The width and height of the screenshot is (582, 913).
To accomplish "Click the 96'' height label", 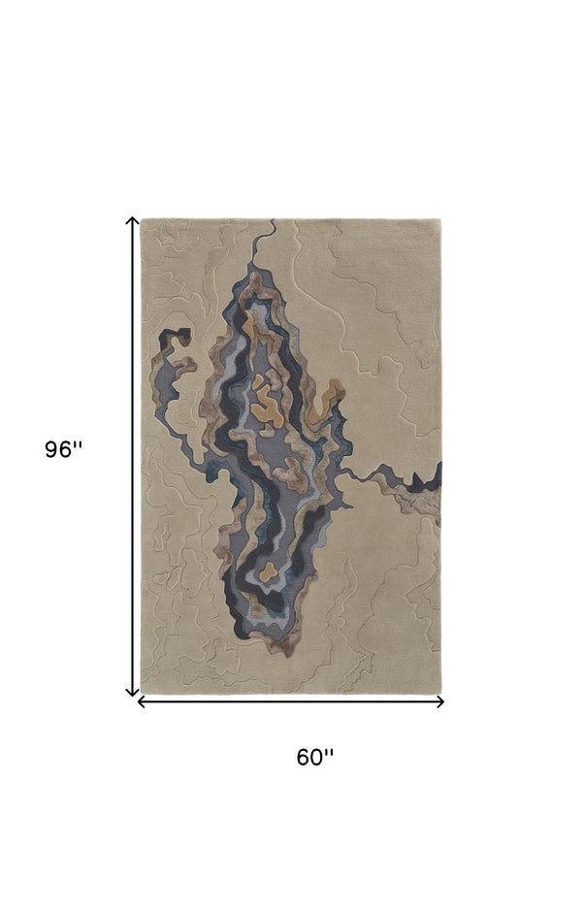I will click(x=64, y=450).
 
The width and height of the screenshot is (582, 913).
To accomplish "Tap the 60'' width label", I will click(x=315, y=757).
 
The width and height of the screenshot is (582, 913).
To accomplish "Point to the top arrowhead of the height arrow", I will click(x=133, y=221).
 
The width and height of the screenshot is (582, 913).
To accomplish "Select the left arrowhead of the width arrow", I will click(x=142, y=701).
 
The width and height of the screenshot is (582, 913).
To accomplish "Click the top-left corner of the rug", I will click(x=143, y=220).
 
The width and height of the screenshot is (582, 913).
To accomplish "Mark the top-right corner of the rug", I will click(x=441, y=220).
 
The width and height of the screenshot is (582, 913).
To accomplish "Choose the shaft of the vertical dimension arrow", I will click(x=133, y=456).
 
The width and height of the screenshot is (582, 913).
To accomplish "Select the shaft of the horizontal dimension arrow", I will click(x=291, y=701).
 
